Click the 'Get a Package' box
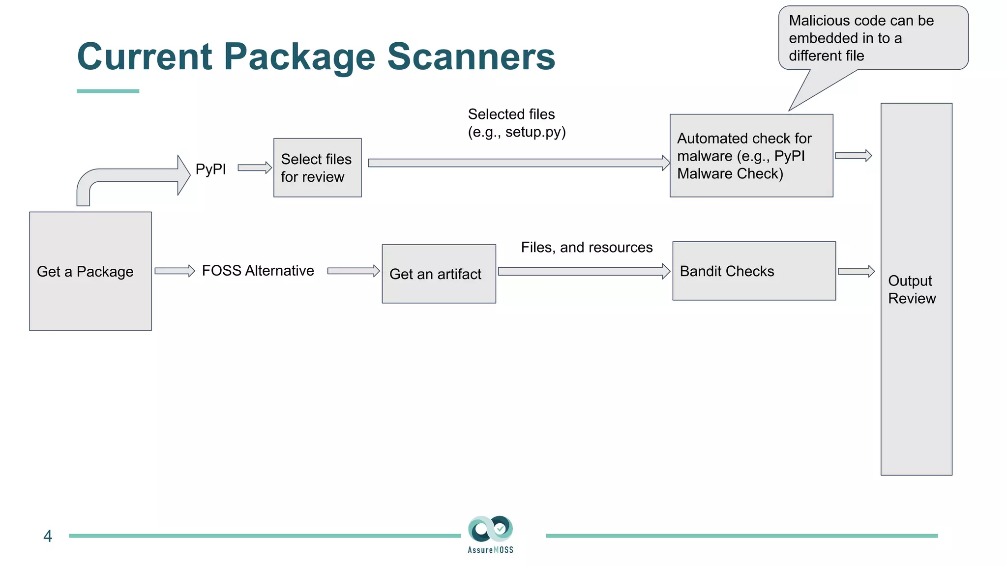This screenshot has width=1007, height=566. [x=90, y=271]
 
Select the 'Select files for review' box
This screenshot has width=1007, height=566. [x=317, y=168]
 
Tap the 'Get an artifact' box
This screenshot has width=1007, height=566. [x=439, y=274]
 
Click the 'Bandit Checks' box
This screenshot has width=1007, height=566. [x=754, y=271]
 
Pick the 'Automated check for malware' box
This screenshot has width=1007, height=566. [x=751, y=156]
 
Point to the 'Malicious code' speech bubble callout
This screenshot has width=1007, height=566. [x=873, y=38]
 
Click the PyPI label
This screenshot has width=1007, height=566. [x=210, y=169]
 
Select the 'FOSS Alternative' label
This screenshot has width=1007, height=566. [x=258, y=271]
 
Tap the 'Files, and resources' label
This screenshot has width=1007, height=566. [x=587, y=247]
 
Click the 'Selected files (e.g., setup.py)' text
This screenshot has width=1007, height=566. [x=516, y=123]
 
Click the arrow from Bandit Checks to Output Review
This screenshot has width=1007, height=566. [x=856, y=271]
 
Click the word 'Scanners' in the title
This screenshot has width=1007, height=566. [x=471, y=57]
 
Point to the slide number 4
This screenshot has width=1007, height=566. [x=48, y=536]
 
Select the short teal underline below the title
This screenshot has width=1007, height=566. [x=108, y=91]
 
